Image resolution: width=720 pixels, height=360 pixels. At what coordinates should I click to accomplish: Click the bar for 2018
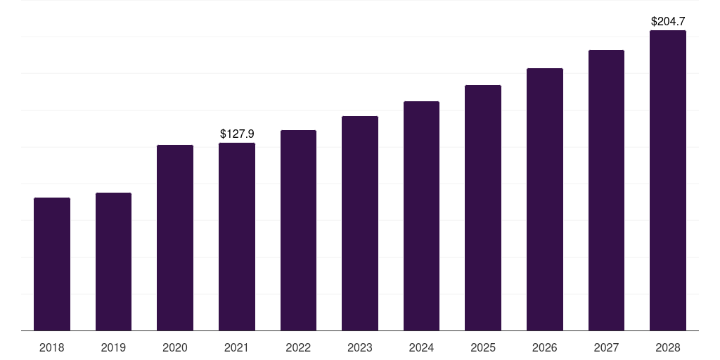pyautogui.click(x=52, y=264)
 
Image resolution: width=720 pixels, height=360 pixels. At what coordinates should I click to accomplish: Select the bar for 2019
pyautogui.click(x=113, y=262)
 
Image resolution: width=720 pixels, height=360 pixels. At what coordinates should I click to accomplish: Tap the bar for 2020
pyautogui.click(x=175, y=238)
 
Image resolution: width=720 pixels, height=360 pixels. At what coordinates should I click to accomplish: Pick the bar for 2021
pyautogui.click(x=237, y=236)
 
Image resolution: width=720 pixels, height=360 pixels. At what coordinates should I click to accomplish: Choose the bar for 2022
pyautogui.click(x=298, y=230)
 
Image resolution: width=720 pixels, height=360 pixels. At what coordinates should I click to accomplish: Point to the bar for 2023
pyautogui.click(x=360, y=223)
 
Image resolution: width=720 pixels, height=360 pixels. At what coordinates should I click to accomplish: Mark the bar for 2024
pyautogui.click(x=421, y=216)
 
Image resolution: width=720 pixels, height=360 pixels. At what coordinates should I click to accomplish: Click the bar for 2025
pyautogui.click(x=483, y=207)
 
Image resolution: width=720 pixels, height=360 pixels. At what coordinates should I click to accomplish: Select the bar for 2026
pyautogui.click(x=545, y=199)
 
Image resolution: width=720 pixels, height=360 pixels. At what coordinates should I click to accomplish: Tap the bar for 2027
pyautogui.click(x=606, y=190)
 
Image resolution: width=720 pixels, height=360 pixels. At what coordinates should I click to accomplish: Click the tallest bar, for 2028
pyautogui.click(x=668, y=180)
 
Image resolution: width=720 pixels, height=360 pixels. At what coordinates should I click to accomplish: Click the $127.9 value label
pyautogui.click(x=237, y=134)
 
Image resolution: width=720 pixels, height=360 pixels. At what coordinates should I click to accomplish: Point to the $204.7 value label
pyautogui.click(x=668, y=22)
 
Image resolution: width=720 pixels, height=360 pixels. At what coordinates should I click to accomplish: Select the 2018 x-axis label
pyautogui.click(x=52, y=347)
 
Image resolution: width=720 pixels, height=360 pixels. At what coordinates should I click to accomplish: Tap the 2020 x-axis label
pyautogui.click(x=175, y=347)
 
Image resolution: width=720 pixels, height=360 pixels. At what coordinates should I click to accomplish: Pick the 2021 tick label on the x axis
pyautogui.click(x=237, y=347)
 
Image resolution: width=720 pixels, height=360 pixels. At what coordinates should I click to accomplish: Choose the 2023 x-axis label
pyautogui.click(x=360, y=347)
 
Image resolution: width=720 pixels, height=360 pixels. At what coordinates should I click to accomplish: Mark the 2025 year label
pyautogui.click(x=483, y=347)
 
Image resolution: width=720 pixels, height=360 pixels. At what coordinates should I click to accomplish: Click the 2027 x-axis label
pyautogui.click(x=606, y=347)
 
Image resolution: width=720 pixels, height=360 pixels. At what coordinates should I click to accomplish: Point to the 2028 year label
pyautogui.click(x=668, y=347)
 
